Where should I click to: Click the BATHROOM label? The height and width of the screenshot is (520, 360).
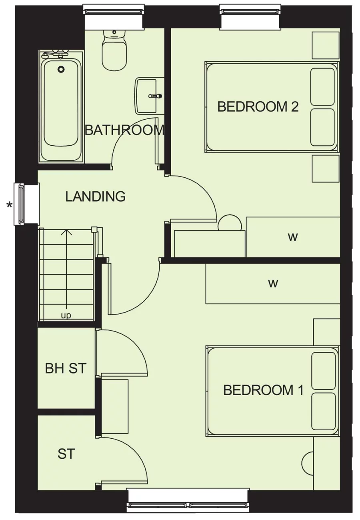tap(124, 130)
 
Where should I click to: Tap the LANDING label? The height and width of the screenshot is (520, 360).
tap(96, 197)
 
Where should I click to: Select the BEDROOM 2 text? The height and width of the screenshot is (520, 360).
tap(258, 107)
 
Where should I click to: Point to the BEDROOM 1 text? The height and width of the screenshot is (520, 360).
tap(264, 390)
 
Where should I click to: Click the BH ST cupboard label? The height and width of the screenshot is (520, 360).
tap(66, 368)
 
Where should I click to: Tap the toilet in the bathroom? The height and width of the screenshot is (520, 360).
tap(114, 52)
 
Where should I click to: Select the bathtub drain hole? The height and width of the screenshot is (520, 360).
tap(61, 69)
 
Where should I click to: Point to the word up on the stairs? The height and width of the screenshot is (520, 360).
tap(66, 316)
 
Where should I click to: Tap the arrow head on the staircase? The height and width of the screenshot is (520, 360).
tap(66, 232)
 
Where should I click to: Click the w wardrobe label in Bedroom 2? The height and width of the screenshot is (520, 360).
tap(293, 237)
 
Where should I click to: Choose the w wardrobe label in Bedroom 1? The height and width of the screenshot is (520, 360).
tap(273, 283)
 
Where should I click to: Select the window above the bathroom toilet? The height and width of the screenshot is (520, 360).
tap(114, 10)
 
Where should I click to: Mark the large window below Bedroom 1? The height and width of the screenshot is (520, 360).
tap(188, 505)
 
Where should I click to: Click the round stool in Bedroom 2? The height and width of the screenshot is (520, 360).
tap(230, 223)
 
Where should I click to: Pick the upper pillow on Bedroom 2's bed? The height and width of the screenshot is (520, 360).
tap(322, 86)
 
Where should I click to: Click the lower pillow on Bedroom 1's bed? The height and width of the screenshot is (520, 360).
tap(323, 412)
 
